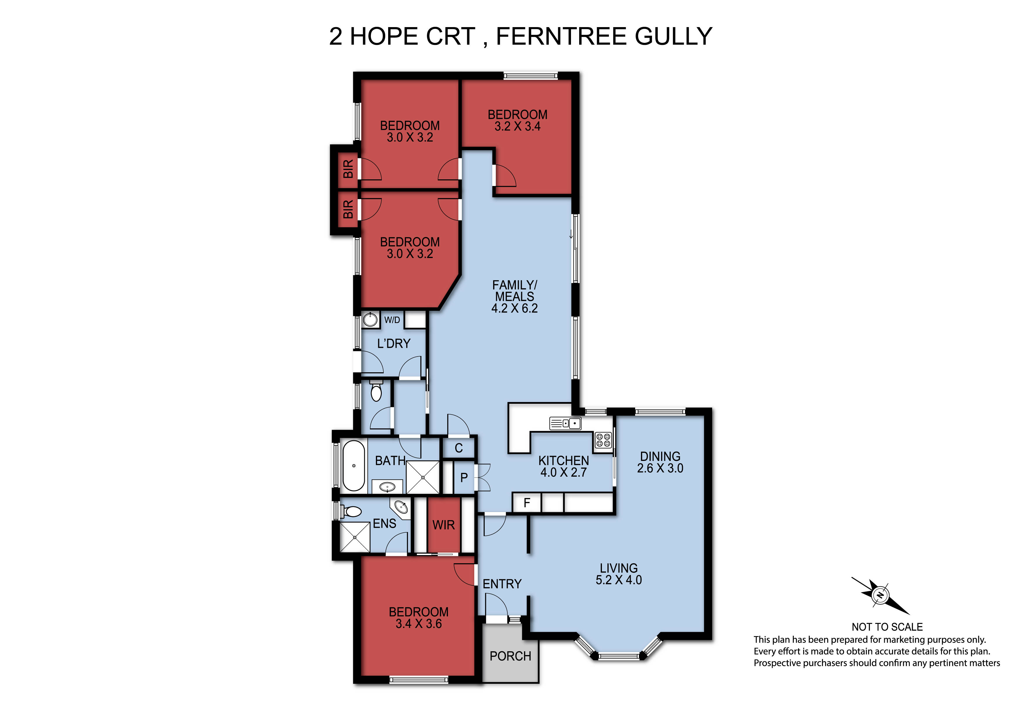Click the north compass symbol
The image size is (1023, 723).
coord(880,595)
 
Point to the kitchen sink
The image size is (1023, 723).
coord(565,423)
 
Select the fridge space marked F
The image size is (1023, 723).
coord(527,503)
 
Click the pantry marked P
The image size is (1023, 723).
coord(464,478)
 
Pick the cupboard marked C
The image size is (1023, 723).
coord(458,448)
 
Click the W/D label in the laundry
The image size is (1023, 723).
coord(392,320)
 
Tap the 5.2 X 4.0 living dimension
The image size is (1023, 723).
coord(619,580)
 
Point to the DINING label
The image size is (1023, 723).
coord(660,456)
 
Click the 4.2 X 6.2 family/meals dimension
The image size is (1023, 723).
coord(515,308)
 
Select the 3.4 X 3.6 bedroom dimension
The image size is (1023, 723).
coord(418,624)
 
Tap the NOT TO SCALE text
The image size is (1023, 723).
coord(887,627)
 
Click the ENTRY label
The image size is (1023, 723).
coord(502,584)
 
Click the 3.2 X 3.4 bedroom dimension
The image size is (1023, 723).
coord(517,127)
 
